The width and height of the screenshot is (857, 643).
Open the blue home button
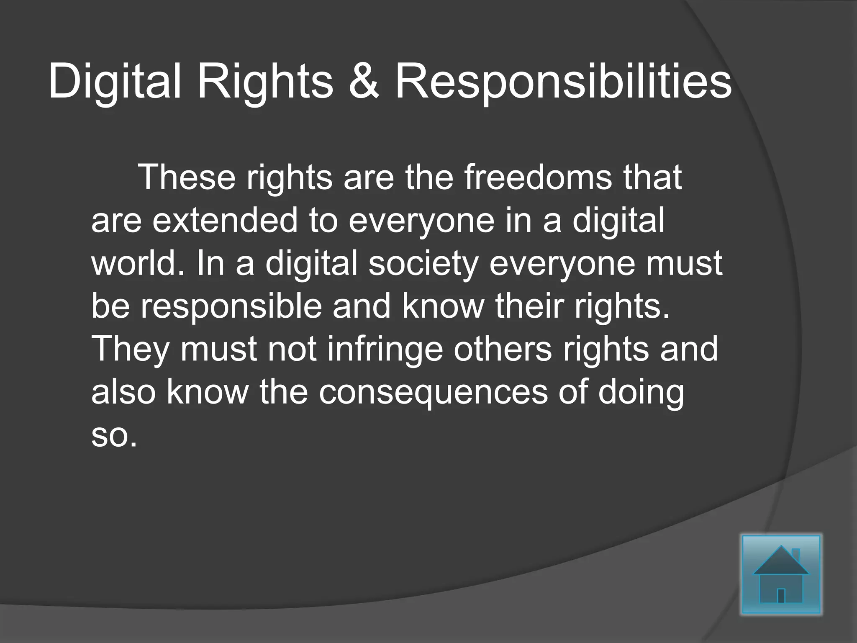tap(781, 574)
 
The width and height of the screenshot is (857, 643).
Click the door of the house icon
tap(781, 595)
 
